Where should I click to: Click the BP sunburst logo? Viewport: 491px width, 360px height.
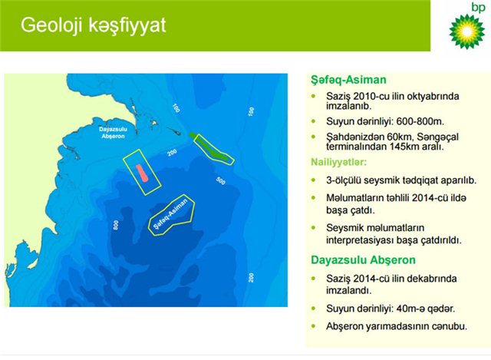pyautogui.click(x=466, y=31)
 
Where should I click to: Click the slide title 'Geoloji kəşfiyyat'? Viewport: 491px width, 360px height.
pyautogui.click(x=93, y=25)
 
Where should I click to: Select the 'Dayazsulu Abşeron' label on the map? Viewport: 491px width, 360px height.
pyautogui.click(x=113, y=133)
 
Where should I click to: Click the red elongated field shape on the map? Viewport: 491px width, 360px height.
pyautogui.click(x=142, y=173)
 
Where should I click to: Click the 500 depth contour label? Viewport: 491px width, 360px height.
pyautogui.click(x=221, y=181)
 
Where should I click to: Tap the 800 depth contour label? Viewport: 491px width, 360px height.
pyautogui.click(x=116, y=225)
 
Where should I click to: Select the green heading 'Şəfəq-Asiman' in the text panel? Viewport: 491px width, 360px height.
pyautogui.click(x=348, y=80)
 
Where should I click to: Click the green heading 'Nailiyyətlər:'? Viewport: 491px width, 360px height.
pyautogui.click(x=338, y=162)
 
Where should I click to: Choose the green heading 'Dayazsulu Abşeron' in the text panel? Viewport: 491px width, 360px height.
pyautogui.click(x=363, y=259)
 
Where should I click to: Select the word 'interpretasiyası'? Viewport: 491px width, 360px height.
pyautogui.click(x=358, y=240)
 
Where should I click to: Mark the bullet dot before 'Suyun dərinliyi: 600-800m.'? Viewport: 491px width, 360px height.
pyautogui.click(x=314, y=121)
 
